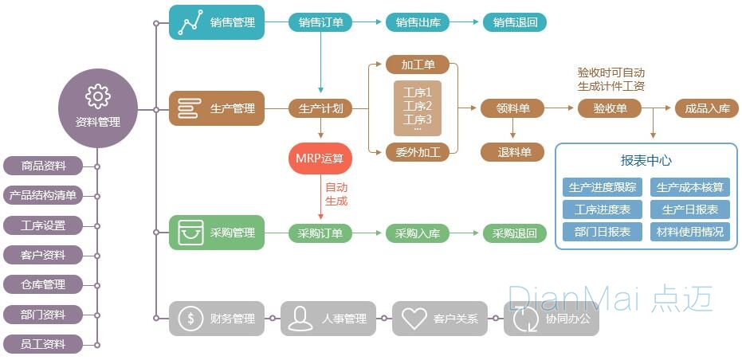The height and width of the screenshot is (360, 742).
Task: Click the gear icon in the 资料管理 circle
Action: point(98,96)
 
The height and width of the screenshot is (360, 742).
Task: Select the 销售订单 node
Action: point(320,22)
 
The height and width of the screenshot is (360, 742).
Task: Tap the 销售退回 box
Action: point(515,22)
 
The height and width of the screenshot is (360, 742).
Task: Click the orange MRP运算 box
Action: point(320,158)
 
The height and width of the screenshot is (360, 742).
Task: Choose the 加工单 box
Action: point(418,65)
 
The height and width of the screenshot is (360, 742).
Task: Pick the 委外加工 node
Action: point(418,151)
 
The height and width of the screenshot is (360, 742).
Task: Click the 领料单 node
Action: point(512,108)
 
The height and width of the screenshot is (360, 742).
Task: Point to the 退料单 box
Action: point(512,152)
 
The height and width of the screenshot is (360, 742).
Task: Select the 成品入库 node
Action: point(707,108)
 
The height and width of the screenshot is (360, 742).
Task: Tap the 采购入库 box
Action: point(418,233)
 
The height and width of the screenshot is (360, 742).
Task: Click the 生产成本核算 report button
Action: point(690,187)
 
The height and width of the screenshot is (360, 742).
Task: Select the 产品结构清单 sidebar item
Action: point(43,195)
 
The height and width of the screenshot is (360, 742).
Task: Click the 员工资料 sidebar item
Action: point(43,344)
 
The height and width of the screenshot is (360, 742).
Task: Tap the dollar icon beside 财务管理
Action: point(191,319)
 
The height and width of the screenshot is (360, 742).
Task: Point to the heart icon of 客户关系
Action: point(414,319)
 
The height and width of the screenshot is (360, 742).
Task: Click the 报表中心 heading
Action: point(646,160)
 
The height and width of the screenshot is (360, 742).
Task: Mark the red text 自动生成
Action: point(336,194)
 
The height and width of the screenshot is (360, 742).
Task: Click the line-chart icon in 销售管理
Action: point(190,22)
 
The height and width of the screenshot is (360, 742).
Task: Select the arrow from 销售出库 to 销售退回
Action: point(466,22)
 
